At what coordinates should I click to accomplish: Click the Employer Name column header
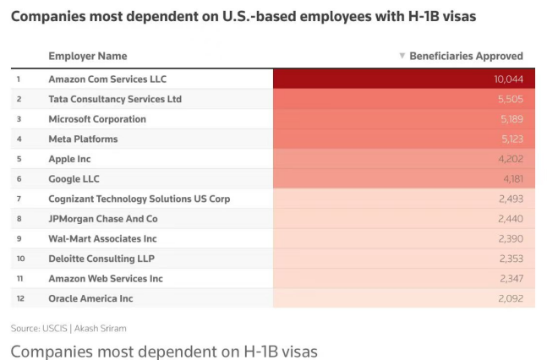tap(88, 57)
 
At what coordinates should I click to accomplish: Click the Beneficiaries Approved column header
tap(466, 57)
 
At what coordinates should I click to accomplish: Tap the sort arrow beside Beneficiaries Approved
tap(402, 57)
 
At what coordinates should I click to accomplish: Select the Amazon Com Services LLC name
tap(107, 79)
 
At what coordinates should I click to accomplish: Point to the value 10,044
tap(509, 79)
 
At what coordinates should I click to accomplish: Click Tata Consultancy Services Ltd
tap(115, 100)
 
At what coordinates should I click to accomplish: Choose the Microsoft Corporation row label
tap(97, 119)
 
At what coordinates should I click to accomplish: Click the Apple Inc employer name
tap(69, 159)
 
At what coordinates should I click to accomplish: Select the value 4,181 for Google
tap(511, 179)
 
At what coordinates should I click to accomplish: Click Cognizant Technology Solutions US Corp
tap(139, 199)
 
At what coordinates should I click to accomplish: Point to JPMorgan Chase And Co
tap(103, 219)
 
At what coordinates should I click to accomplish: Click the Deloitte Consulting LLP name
tap(101, 259)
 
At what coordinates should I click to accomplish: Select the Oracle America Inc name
tap(90, 298)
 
